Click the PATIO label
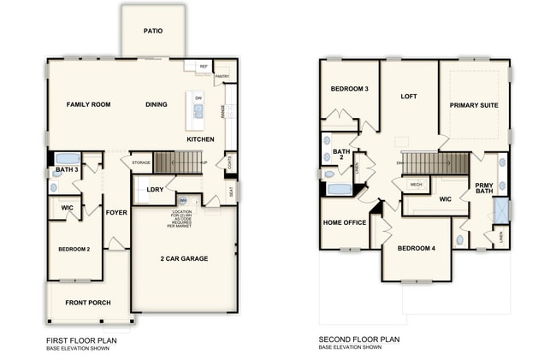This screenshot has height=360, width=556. [153, 32]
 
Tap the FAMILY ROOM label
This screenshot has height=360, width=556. [89, 104]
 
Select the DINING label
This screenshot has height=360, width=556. [156, 104]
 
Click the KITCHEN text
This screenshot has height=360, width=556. [200, 139]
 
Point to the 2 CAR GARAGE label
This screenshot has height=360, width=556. [184, 257]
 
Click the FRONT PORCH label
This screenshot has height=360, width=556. [87, 303]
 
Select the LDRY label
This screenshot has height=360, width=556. [155, 190]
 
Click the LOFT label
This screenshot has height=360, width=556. [409, 97]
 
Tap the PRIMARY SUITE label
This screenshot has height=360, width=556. [474, 104]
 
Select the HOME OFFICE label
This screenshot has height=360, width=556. [344, 222]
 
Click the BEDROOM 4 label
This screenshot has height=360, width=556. [417, 248]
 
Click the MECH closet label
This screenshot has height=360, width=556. [416, 184]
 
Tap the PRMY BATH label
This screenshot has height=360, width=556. [484, 187]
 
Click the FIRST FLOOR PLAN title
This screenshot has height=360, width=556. [81, 340]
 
